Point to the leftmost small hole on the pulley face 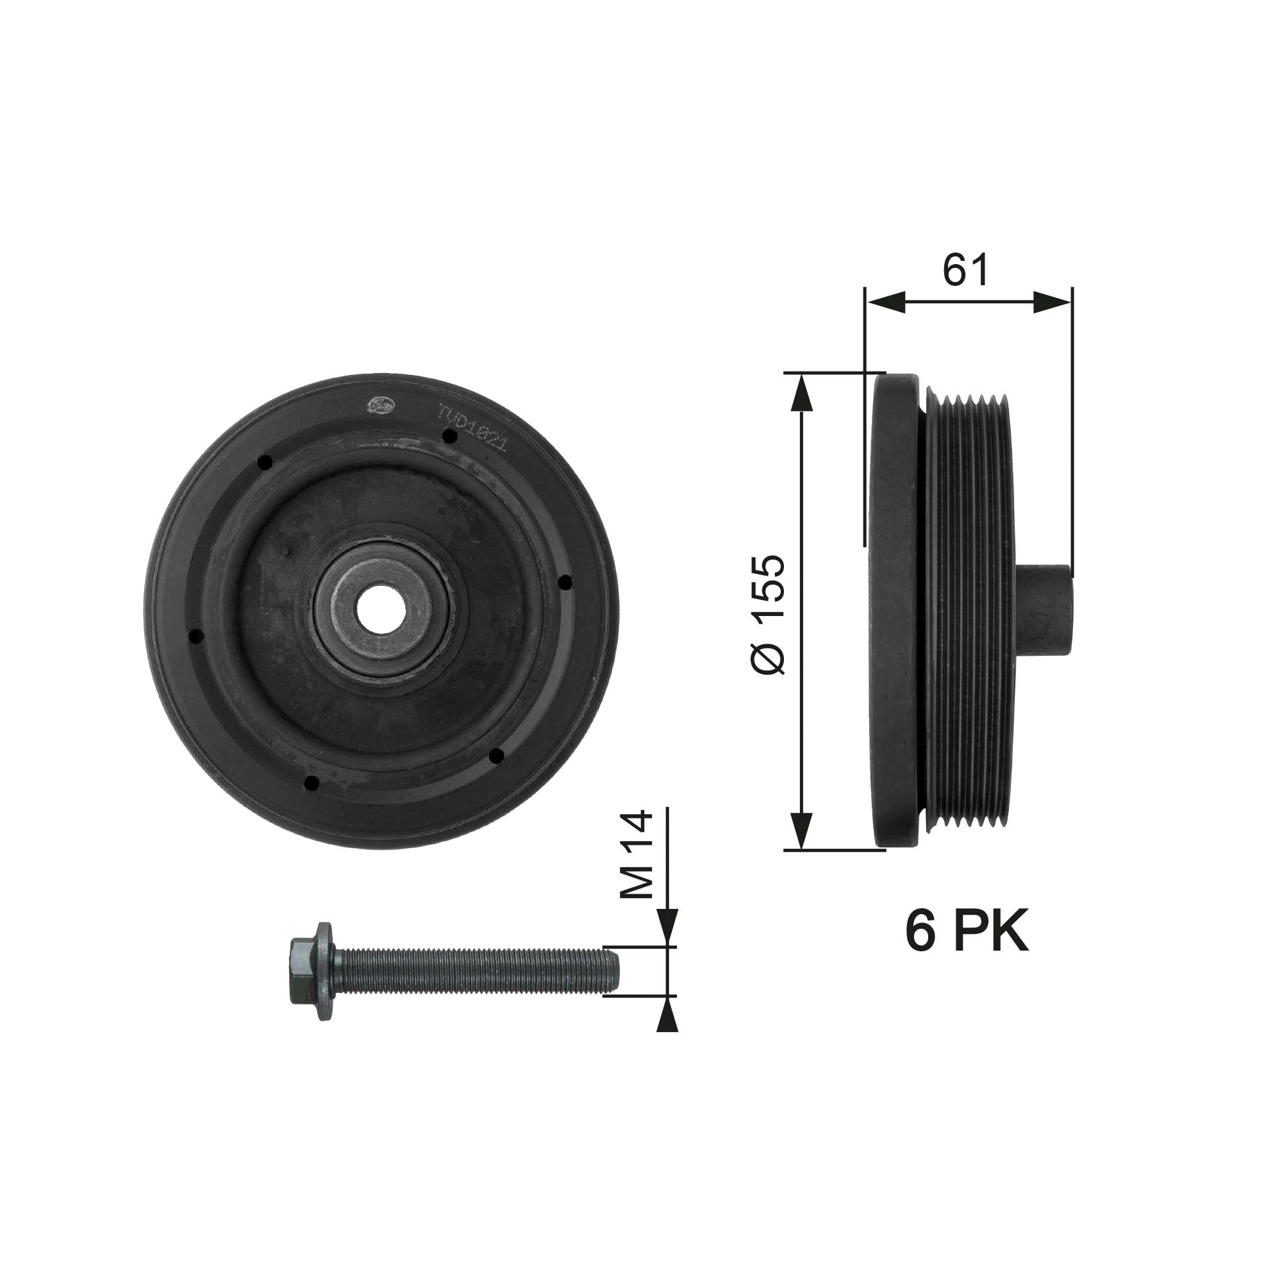[195, 637]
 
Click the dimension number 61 [966, 270]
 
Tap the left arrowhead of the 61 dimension [885, 303]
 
